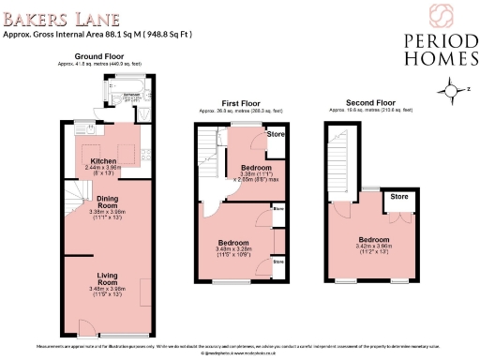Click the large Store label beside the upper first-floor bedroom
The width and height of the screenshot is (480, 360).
tap(274, 134)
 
